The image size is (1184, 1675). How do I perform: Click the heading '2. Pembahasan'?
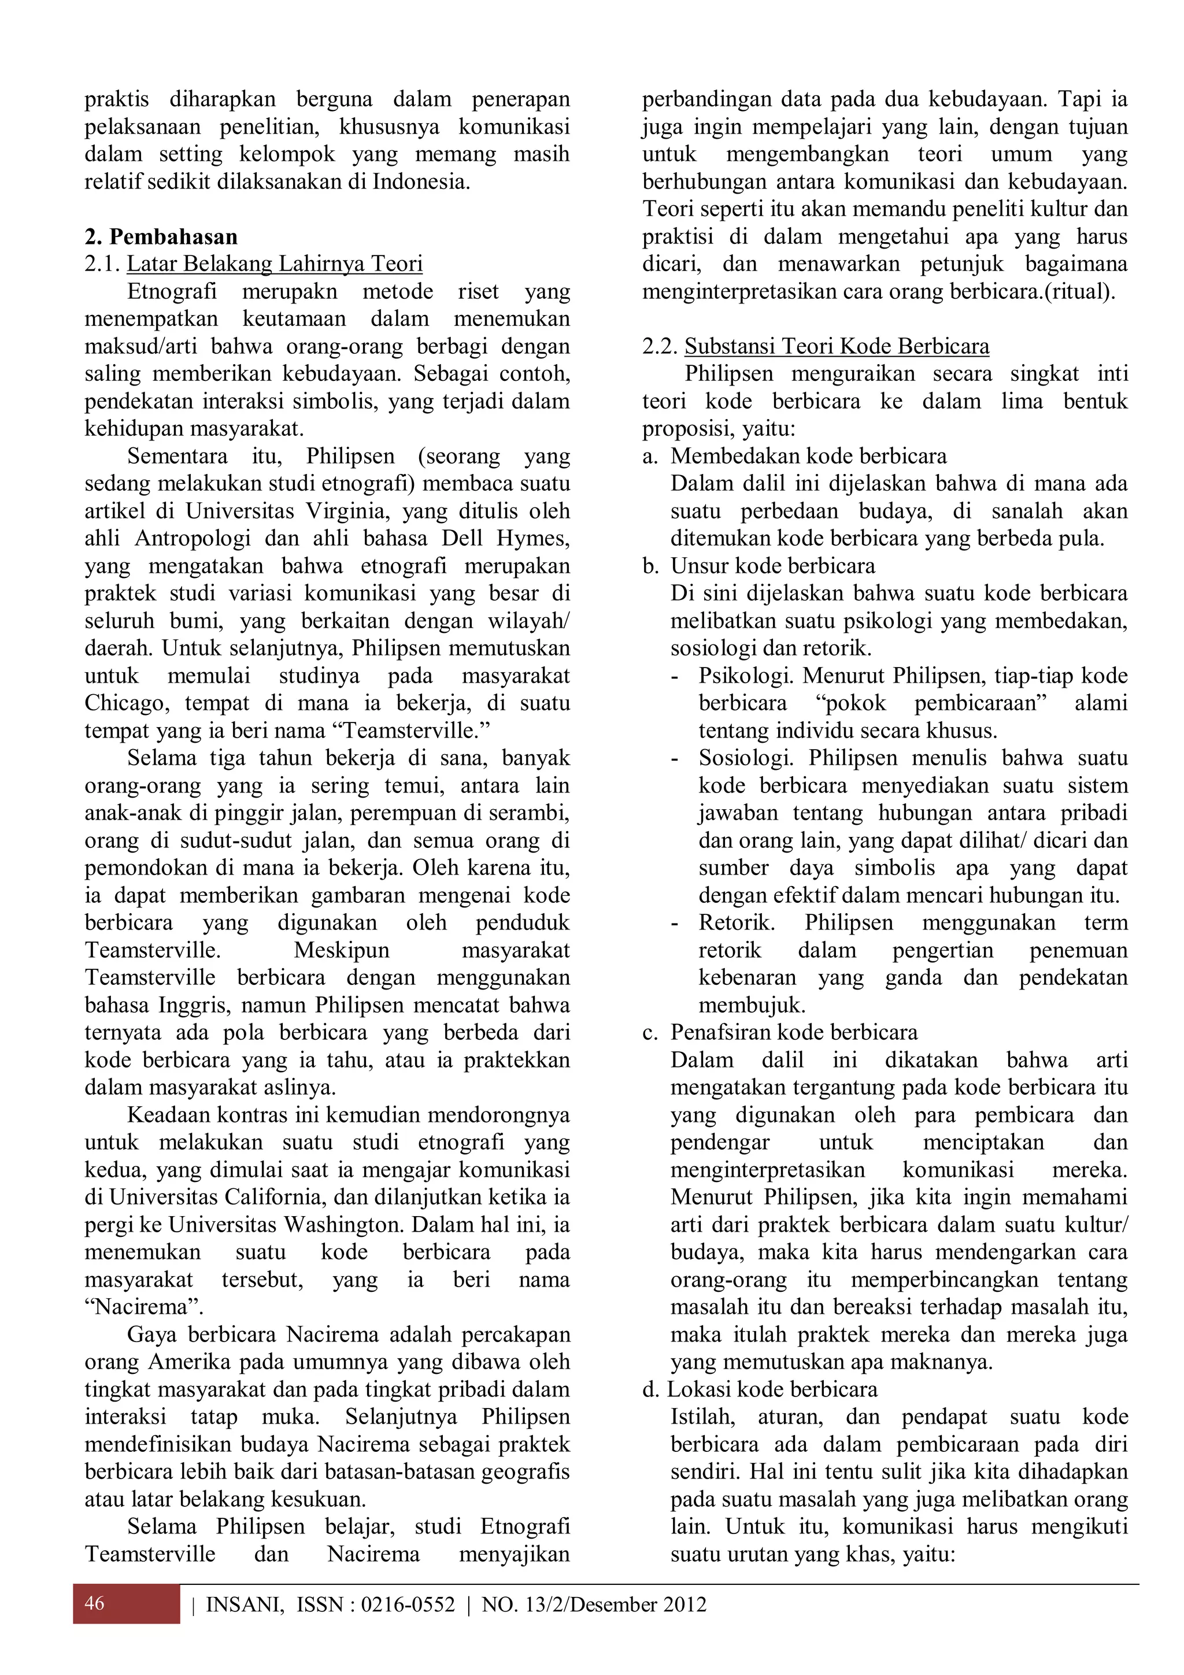click(x=161, y=236)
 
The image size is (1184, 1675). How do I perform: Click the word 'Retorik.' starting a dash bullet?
click(x=736, y=923)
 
